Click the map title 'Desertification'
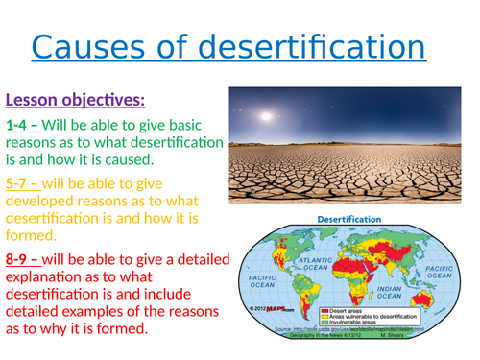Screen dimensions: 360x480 [350, 218]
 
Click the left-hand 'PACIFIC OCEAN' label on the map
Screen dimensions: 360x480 [260, 279]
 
